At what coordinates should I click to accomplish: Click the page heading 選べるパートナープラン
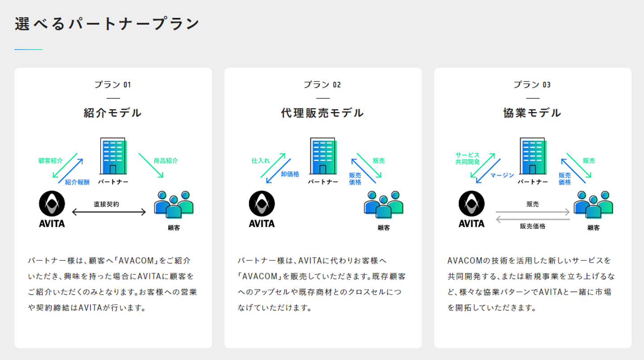pyautogui.click(x=107, y=24)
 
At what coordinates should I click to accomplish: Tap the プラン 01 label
pyautogui.click(x=113, y=85)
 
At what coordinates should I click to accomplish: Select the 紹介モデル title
pyautogui.click(x=113, y=113)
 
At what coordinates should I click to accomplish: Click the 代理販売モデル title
pyautogui.click(x=322, y=113)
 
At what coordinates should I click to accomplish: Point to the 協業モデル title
pyautogui.click(x=532, y=113)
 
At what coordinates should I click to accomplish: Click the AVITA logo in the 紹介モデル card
pyautogui.click(x=52, y=208)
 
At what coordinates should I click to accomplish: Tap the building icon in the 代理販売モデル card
pyautogui.click(x=323, y=156)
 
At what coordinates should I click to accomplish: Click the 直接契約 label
pyautogui.click(x=106, y=204)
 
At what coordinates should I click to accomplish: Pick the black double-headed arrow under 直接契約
pyautogui.click(x=109, y=212)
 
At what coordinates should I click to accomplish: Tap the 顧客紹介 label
pyautogui.click(x=51, y=161)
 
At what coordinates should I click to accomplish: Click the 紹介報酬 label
pyautogui.click(x=77, y=182)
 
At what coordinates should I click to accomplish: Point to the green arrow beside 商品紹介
pyautogui.click(x=151, y=165)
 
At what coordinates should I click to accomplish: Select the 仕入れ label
pyautogui.click(x=261, y=161)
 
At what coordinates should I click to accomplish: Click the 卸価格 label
pyautogui.click(x=290, y=174)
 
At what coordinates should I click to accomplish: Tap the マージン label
pyautogui.click(x=502, y=175)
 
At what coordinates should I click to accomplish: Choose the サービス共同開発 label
pyautogui.click(x=467, y=158)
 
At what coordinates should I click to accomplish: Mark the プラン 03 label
pyautogui.click(x=532, y=85)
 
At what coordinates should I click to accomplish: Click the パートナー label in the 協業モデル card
pyautogui.click(x=533, y=182)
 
